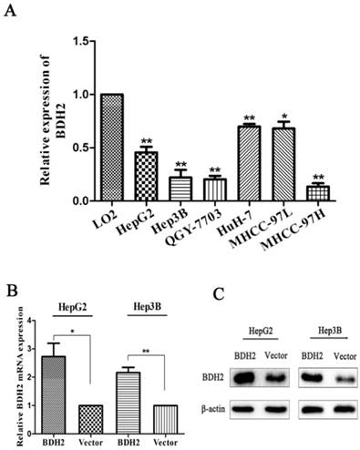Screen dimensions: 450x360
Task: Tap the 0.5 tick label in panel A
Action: (x=85, y=148)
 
